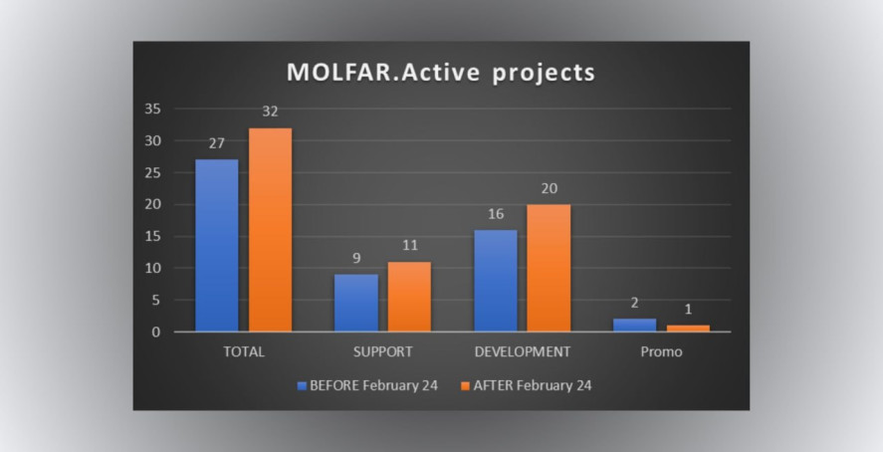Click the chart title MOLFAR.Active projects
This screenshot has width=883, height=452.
coord(441,73)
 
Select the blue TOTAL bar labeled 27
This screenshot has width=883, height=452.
coord(217,246)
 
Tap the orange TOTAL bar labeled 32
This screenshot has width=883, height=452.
coord(271,230)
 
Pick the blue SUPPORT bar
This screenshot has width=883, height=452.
coord(356,303)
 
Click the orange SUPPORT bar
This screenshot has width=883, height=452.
coord(409,297)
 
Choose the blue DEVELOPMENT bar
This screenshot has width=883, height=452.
coord(496,281)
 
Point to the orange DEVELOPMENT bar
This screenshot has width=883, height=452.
coord(549,268)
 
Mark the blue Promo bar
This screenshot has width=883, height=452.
coord(635,326)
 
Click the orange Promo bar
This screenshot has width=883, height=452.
coord(688,329)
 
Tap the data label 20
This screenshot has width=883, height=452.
coord(550,188)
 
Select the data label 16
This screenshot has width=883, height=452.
coord(496,214)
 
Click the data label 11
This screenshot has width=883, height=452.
coord(410,246)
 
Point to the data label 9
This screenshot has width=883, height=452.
coord(356,259)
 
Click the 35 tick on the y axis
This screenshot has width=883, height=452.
coord(152,109)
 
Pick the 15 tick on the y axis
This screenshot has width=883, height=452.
coord(152,236)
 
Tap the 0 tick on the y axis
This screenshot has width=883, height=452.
coord(155,333)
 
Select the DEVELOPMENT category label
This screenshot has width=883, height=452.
coord(522,351)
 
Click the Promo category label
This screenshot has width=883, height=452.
coord(661,351)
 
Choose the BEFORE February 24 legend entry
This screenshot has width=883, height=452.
coord(367,385)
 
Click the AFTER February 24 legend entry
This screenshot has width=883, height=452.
coord(526,385)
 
